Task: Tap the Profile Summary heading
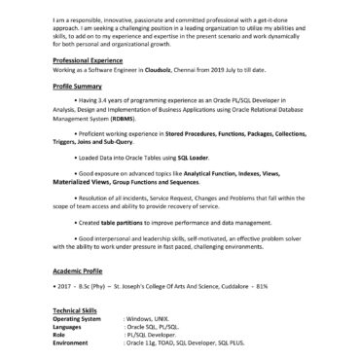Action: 78,87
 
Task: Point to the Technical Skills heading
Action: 78,309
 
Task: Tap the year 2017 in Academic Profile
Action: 64,287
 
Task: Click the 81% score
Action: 261,287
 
